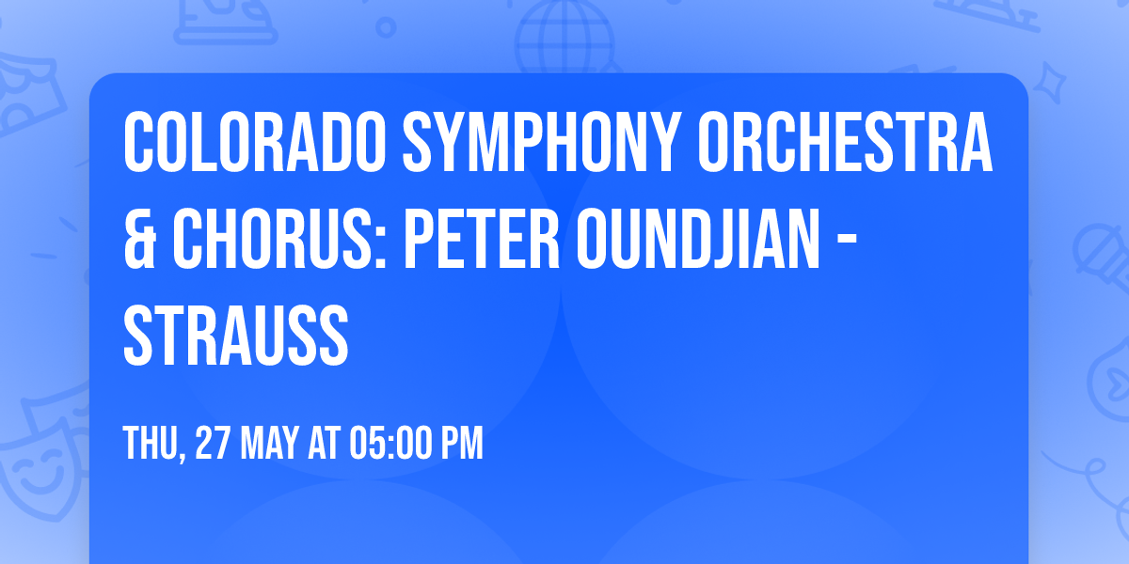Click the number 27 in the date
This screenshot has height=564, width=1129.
point(213,444)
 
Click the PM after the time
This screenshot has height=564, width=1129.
point(461,444)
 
